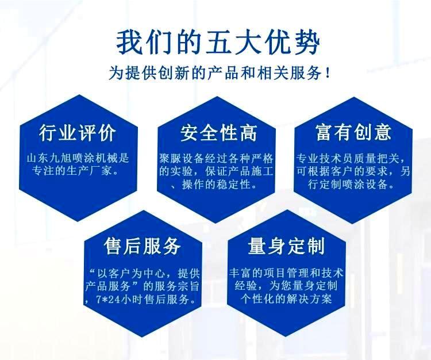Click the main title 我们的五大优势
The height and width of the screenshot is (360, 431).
(218, 43)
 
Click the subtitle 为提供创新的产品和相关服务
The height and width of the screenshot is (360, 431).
(215, 73)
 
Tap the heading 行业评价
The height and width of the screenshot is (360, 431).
(77, 133)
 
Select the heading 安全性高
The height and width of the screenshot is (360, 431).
(218, 133)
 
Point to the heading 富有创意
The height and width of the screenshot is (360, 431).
(353, 132)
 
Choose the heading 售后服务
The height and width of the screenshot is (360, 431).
(143, 246)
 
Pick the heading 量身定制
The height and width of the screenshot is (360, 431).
(286, 246)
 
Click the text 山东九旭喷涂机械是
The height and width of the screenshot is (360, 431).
(78, 158)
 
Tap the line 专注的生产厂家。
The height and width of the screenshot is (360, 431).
(75, 171)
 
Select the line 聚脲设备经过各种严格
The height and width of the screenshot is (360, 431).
(216, 158)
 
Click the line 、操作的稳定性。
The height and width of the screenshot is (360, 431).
(214, 184)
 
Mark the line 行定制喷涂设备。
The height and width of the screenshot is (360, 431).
(351, 184)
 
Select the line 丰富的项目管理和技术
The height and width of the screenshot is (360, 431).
(286, 273)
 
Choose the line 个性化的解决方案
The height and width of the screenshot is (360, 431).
(286, 298)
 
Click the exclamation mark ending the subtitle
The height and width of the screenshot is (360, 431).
(327, 73)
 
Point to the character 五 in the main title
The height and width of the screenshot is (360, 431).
(218, 43)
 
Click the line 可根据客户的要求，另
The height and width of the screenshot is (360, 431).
(353, 171)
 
